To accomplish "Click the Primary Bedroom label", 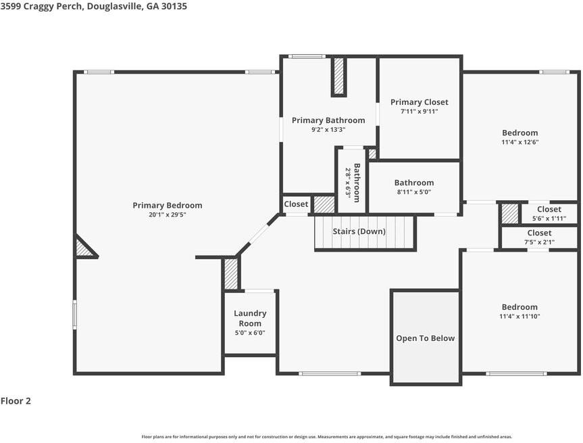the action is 168,205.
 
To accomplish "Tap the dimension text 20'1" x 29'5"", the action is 168,215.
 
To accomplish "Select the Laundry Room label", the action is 250,319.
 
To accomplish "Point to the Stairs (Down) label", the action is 359,231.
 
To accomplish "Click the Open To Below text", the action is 426,338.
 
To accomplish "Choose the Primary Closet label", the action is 420,102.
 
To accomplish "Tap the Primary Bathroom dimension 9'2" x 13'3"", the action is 329,130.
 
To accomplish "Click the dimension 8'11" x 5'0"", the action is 414,192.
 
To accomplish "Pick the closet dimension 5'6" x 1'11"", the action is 549,218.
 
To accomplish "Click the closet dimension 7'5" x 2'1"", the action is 539,242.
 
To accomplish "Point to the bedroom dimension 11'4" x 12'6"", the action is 519,142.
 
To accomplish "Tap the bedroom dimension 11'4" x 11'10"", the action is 519,317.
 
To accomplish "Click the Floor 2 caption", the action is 16,401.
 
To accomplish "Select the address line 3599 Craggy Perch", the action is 42,6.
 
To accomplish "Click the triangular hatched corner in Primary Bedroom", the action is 84,248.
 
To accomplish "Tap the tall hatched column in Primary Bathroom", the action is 338,76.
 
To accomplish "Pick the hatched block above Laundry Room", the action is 231,274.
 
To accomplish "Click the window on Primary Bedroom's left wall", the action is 75,314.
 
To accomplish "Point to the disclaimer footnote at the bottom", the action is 327,437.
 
